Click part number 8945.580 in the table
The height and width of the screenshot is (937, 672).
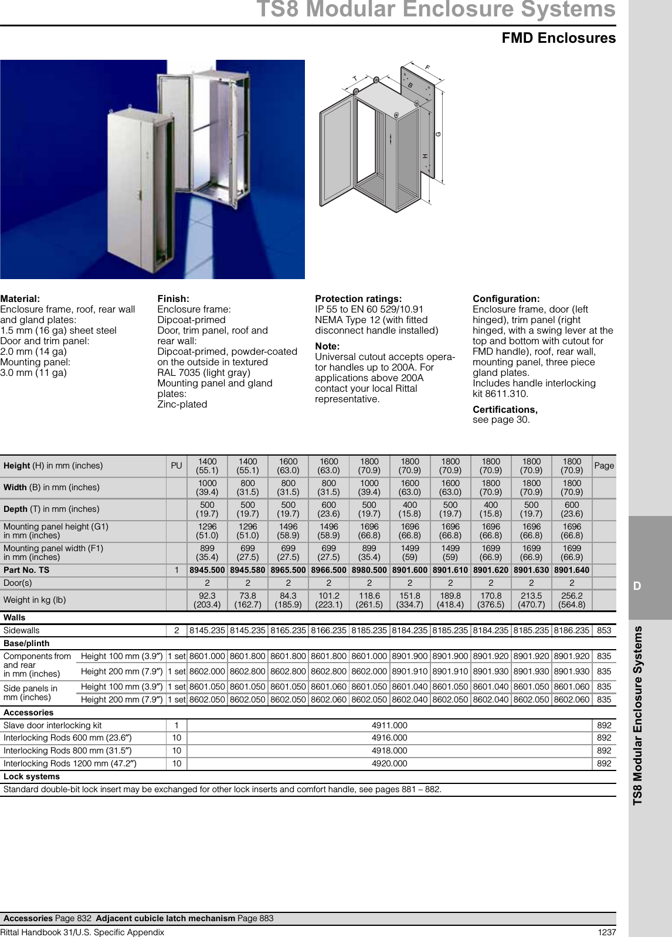[x=247, y=570]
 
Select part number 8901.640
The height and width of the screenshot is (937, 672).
[x=572, y=570]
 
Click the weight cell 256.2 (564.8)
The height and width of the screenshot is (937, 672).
[x=572, y=600]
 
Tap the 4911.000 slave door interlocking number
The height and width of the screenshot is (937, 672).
[x=389, y=725]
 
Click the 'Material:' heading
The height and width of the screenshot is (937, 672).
[x=21, y=298]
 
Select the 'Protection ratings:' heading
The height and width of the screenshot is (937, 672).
[x=358, y=298]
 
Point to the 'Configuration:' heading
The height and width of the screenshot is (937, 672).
[x=506, y=298]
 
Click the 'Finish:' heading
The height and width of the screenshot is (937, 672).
[x=174, y=298]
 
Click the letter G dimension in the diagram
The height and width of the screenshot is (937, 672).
[x=438, y=135]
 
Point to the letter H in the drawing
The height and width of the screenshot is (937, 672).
[x=425, y=156]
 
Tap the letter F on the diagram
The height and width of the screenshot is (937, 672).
[x=427, y=68]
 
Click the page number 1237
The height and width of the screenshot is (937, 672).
[x=606, y=932]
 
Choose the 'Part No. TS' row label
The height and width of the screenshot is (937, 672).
[x=26, y=570]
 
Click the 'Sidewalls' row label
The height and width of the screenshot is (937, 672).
[x=22, y=630]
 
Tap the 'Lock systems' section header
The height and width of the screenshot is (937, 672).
[x=32, y=776]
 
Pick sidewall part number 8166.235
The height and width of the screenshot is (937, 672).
[x=328, y=630]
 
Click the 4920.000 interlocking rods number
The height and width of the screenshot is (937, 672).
[x=389, y=764]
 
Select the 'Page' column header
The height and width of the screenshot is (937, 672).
[x=604, y=466]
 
